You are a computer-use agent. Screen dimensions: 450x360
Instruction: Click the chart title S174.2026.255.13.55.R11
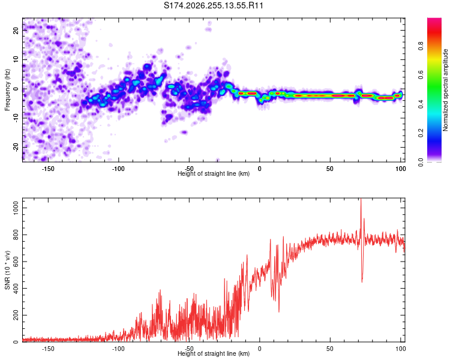[213, 5]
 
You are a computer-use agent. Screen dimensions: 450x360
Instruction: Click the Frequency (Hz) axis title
[7, 90]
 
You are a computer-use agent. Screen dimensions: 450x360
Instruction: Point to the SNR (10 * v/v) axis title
[7, 270]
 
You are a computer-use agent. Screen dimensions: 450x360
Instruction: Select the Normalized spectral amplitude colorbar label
[445, 90]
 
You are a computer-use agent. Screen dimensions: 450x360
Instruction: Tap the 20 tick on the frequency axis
[16, 30]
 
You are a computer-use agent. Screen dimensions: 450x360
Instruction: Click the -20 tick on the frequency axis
[16, 147]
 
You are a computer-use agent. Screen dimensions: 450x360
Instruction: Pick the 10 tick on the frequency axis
[16, 59]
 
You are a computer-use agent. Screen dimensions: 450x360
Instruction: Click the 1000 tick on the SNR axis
[16, 208]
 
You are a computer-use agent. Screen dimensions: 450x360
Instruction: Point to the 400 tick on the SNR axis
[16, 288]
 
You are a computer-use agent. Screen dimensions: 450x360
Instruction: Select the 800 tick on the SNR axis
[16, 235]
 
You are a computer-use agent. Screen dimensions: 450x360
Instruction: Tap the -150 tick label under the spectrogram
[48, 169]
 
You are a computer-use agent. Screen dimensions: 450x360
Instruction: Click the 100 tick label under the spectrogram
[401, 169]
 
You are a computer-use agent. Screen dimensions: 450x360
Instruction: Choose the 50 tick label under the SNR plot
[330, 349]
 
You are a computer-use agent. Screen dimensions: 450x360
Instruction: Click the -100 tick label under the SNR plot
[118, 349]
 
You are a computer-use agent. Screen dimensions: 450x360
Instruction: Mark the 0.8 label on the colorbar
[421, 46]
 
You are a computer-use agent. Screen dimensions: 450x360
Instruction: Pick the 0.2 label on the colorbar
[421, 133]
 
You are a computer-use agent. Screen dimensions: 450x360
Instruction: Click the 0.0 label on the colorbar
[421, 162]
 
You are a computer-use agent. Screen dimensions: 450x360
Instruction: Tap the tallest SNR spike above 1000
[361, 199]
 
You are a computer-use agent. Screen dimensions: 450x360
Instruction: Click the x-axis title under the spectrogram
[214, 173]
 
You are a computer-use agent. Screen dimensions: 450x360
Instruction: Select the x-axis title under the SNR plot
[214, 353]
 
